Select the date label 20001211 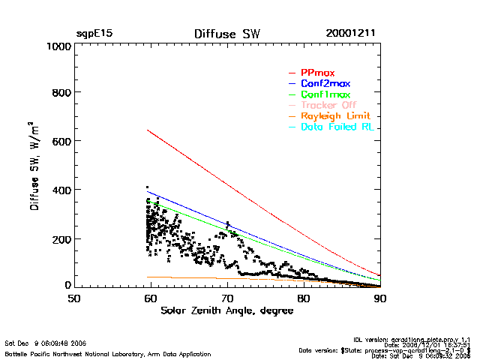tap(351, 34)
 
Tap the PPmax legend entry tap(317, 73)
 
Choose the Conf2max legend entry tap(325, 83)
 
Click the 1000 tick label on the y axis tap(56, 46)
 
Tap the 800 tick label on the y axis tap(60, 93)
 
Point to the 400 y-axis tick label tap(60, 190)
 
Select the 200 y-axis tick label tap(60, 239)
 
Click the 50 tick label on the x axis tap(73, 298)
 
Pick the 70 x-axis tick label tap(226, 298)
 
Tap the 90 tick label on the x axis tap(379, 298)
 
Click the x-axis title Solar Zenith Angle tap(226, 310)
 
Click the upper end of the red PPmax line tap(148, 130)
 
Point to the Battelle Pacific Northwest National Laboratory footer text tap(108, 353)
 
